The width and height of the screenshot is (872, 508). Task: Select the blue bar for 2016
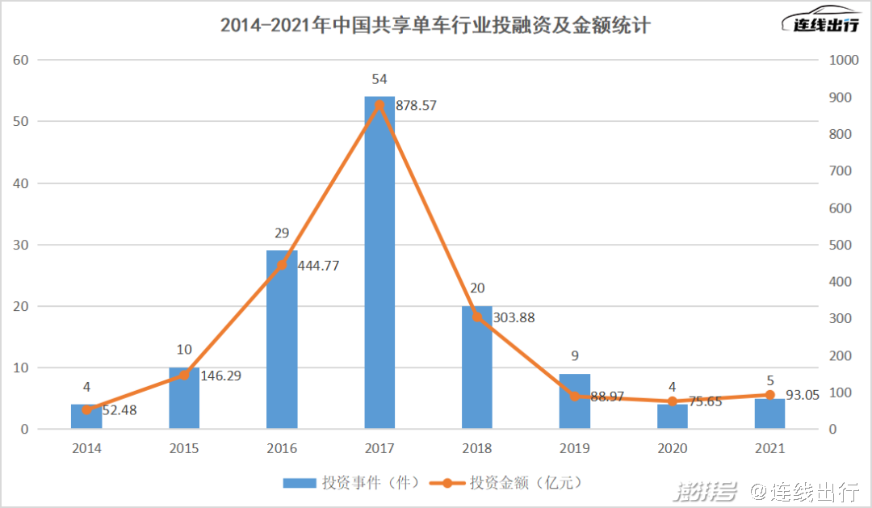point(282,339)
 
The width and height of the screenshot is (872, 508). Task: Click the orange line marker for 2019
point(575,397)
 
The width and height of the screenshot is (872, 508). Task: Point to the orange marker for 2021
point(769,395)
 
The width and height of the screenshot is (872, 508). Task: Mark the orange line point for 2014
point(86,409)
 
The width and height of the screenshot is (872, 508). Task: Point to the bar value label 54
point(379,79)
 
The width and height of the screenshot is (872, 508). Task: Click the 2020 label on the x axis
point(672,448)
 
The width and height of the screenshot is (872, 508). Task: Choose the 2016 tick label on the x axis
point(282,448)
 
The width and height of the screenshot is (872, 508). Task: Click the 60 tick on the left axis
point(21,60)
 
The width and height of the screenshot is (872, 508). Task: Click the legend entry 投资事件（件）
point(351,483)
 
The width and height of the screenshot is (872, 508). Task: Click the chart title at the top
point(436,26)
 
